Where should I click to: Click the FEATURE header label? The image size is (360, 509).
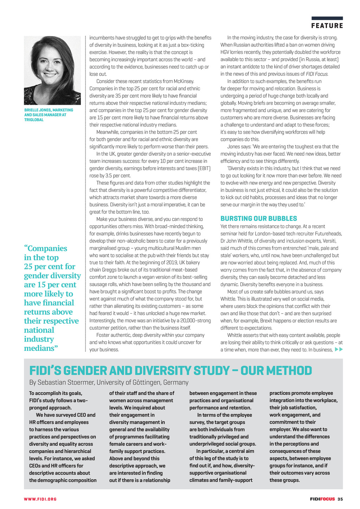pyautogui.click(x=327, y=26)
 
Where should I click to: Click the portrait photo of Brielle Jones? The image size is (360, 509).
pyautogui.click(x=52, y=70)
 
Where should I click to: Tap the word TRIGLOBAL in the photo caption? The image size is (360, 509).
pyautogui.click(x=34, y=120)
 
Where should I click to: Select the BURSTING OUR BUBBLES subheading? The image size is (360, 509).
pyautogui.click(x=259, y=218)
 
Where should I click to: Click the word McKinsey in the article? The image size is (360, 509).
pyautogui.click(x=183, y=81)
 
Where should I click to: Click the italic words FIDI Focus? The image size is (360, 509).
pyautogui.click(x=316, y=74)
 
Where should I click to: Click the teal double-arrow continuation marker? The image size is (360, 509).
pyautogui.click(x=339, y=349)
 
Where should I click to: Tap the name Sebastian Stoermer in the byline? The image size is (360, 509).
pyautogui.click(x=66, y=382)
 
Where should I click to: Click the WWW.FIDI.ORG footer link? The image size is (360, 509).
pyautogui.click(x=40, y=499)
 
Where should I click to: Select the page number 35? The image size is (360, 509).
pyautogui.click(x=340, y=499)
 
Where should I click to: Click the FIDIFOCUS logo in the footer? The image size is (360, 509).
pyautogui.click(x=322, y=499)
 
